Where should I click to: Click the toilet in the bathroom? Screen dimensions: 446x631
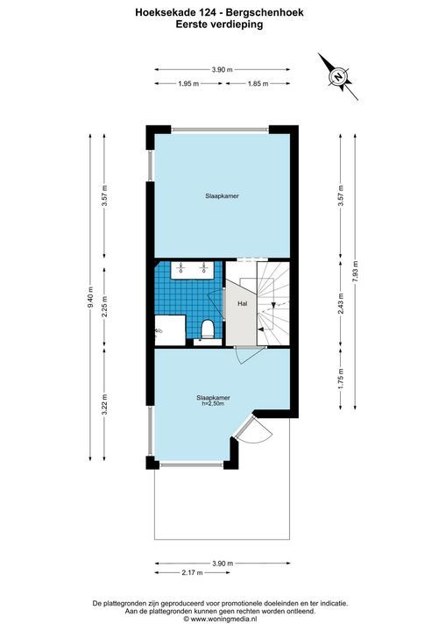[208, 330]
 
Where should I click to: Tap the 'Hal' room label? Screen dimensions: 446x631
[243, 304]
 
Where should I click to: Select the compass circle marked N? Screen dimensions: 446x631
[338, 76]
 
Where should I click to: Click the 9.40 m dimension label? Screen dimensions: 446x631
[90, 297]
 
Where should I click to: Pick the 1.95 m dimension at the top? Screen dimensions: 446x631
[188, 84]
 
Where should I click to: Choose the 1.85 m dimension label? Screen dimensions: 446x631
[258, 84]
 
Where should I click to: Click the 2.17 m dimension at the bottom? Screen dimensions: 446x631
[193, 572]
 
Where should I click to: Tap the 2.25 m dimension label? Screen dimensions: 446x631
[104, 307]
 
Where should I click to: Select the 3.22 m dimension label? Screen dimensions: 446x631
[104, 404]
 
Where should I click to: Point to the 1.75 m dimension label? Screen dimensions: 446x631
[341, 379]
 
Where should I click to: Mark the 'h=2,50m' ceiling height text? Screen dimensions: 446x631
[213, 403]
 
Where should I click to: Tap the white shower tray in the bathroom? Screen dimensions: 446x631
[170, 330]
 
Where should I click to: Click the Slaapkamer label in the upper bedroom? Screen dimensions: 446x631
[223, 196]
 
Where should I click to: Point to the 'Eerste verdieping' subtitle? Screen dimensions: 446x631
[219, 25]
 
